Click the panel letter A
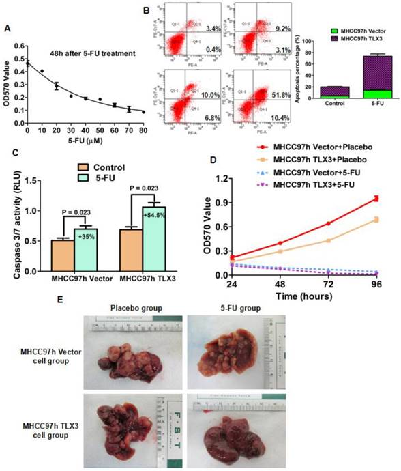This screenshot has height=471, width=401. (8, 28)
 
